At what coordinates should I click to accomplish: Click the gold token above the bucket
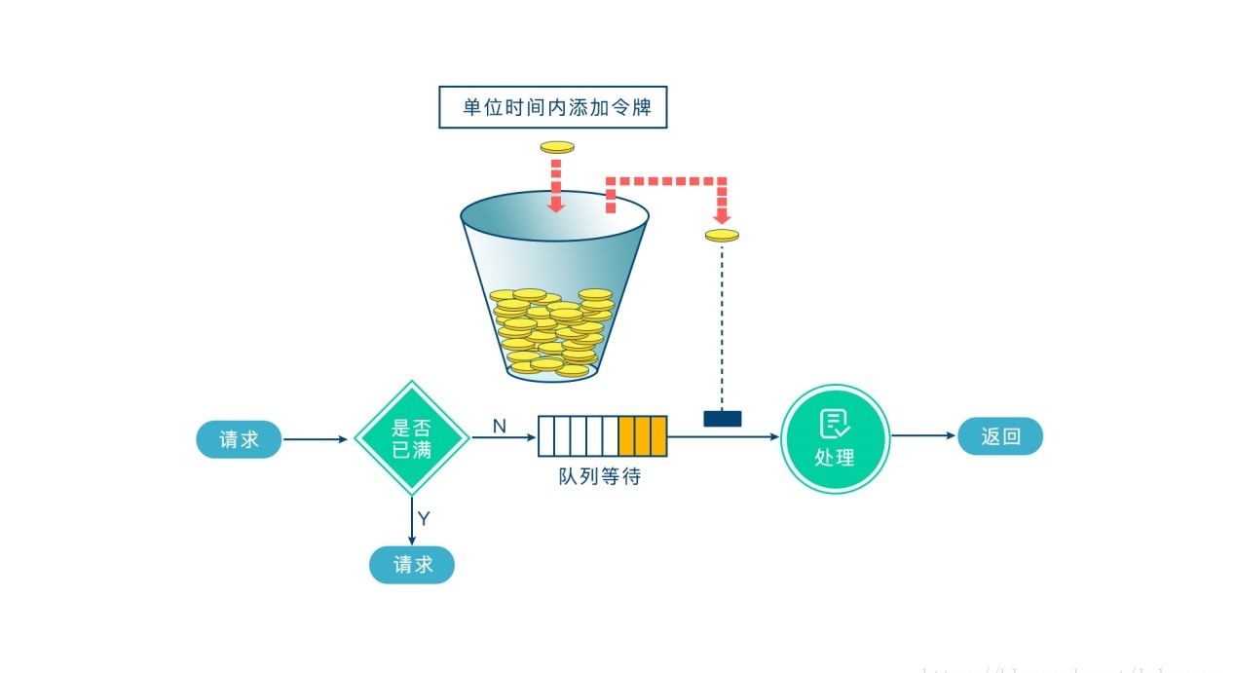click(557, 147)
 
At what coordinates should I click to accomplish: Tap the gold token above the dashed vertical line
click(722, 235)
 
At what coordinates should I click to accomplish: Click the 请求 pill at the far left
click(239, 439)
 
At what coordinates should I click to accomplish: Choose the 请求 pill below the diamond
click(411, 564)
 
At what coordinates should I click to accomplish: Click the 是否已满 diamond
click(412, 438)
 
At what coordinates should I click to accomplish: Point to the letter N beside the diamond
click(499, 426)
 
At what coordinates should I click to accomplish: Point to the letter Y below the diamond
click(424, 518)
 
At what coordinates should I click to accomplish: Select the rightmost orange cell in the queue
click(658, 436)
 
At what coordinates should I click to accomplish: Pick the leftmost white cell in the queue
click(546, 436)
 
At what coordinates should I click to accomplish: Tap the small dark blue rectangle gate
click(722, 419)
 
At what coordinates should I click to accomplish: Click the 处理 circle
click(835, 437)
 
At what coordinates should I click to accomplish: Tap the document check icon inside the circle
click(835, 424)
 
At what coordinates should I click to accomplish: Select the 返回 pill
click(1000, 437)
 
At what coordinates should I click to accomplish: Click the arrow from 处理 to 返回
click(923, 436)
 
